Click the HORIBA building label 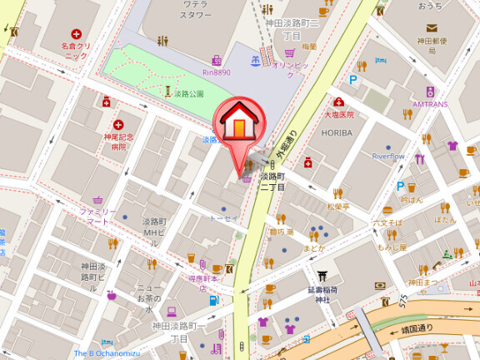click(x=336, y=132)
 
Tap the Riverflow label click(x=387, y=156)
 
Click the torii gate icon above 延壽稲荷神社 click(x=323, y=275)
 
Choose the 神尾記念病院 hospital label click(x=116, y=142)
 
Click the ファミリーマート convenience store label click(x=98, y=217)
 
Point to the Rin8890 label click(x=215, y=72)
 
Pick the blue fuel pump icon click(x=214, y=300)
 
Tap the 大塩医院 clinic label click(x=339, y=114)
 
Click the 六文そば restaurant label click(x=387, y=223)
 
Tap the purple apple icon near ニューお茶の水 click(x=112, y=294)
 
